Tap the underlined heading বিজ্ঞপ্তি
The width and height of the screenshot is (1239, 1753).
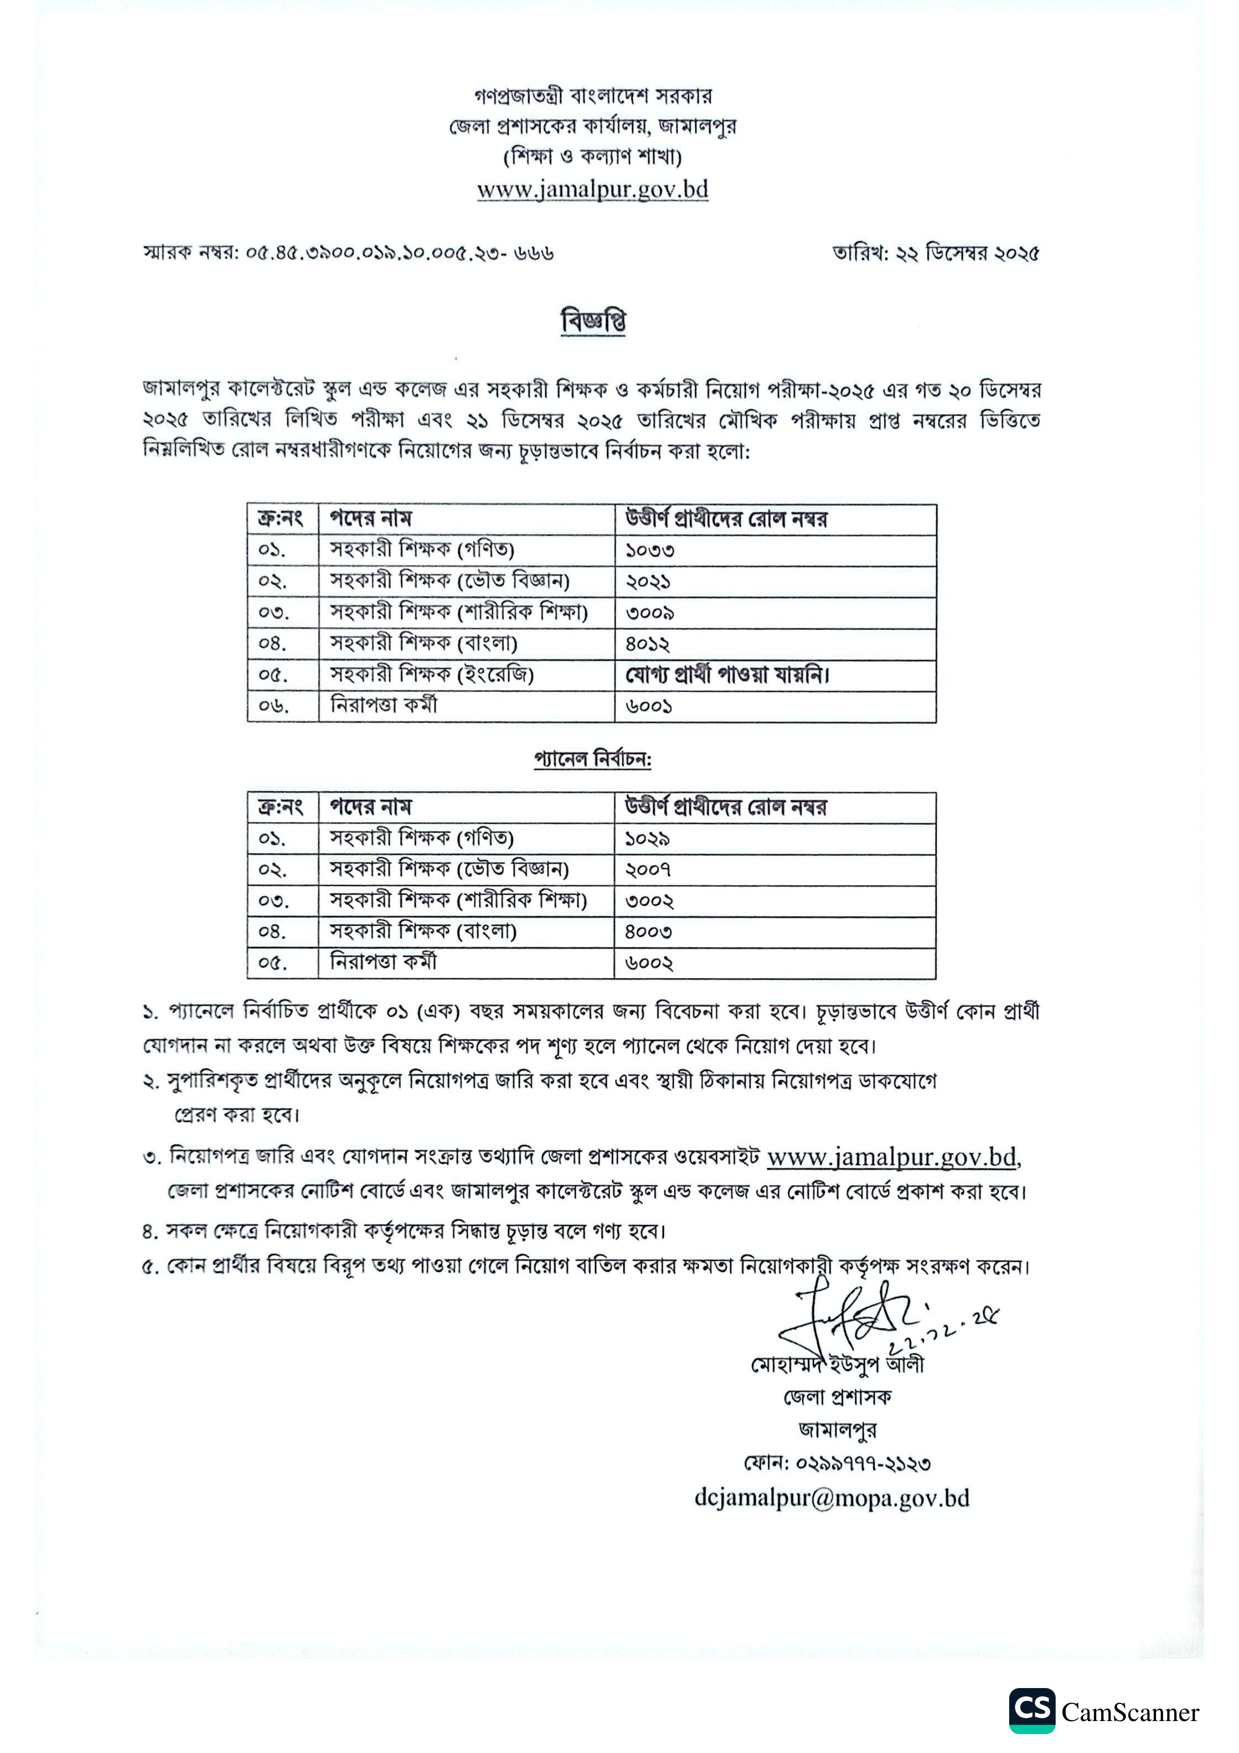[593, 321]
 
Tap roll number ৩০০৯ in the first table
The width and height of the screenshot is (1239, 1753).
[649, 613]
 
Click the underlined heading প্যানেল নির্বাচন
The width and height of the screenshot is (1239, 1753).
[593, 760]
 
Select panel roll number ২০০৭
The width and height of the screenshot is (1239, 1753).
[648, 870]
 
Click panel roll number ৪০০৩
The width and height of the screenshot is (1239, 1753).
[648, 932]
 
